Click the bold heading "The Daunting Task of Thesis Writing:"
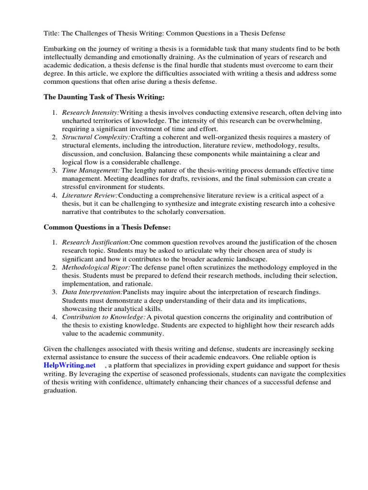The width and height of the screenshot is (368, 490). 104,97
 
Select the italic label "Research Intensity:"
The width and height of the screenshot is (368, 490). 91,113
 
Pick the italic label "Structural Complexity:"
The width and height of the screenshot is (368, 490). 96,137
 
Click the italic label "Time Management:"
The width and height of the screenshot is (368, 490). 91,170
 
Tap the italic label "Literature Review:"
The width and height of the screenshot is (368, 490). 90,195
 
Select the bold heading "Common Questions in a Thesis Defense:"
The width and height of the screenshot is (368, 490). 107,227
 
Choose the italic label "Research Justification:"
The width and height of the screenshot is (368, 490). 96,243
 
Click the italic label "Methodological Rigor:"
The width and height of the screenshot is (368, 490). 96,267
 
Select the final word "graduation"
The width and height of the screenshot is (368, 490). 60,390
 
